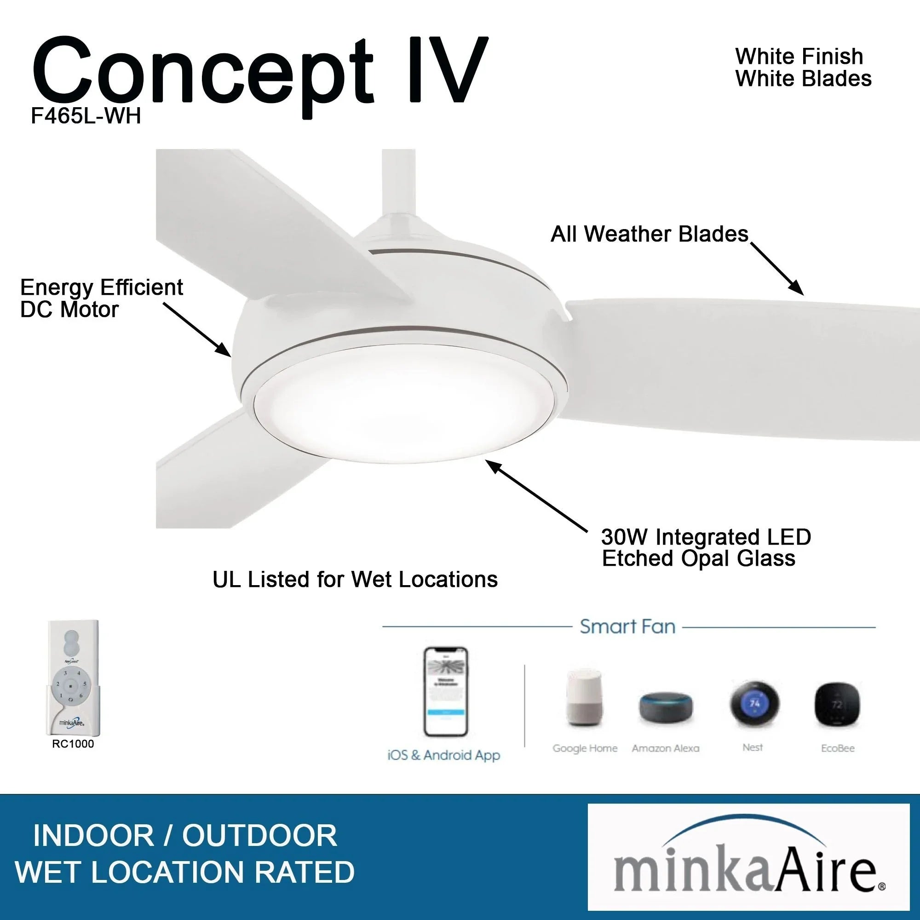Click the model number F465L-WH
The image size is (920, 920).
[86, 116]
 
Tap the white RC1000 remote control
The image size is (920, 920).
[73, 678]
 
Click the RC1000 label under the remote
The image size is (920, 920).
[73, 744]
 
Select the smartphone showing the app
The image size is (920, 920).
[445, 691]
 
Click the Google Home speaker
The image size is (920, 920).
[584, 698]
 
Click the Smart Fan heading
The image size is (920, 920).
[627, 627]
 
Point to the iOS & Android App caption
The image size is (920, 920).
[444, 755]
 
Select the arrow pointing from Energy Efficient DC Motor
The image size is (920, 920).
[198, 329]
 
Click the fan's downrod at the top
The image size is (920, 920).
[398, 181]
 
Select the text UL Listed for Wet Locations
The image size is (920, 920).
[355, 580]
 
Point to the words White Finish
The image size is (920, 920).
[799, 57]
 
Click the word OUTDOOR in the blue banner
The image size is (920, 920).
[259, 835]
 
